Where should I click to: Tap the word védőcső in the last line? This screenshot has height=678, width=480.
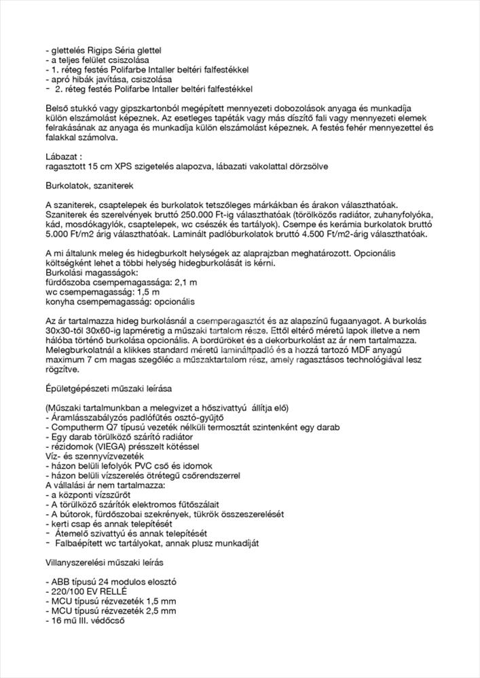(105, 620)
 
